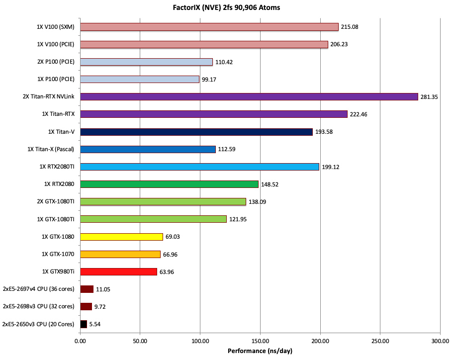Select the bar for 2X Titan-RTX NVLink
coord(249,96)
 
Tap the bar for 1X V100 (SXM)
coord(209,27)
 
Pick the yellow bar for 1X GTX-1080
coord(121,237)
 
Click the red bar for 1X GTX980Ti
coord(118,271)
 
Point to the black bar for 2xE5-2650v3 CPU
coord(84,324)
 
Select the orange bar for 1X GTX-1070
coord(120,254)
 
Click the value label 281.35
coord(429,97)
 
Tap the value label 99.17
coord(210,80)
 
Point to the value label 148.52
coord(270,184)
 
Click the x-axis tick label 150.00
coord(260,342)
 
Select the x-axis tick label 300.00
coord(440,342)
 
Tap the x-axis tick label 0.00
coord(80,342)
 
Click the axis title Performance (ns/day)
coord(260,351)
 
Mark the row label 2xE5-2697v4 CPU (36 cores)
coord(39,289)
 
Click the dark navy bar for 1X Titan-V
coord(196,132)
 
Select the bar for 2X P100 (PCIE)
coord(146,62)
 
